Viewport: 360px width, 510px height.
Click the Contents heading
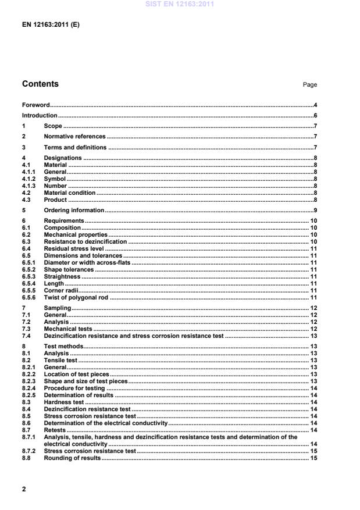pyautogui.click(x=40, y=84)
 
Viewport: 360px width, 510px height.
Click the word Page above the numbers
pyautogui.click(x=310, y=85)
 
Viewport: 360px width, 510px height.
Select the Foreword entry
pyautogui.click(x=36, y=105)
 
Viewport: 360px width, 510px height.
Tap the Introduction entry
pyautogui.click(x=40, y=116)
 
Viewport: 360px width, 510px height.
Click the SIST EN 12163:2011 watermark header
pyautogui.click(x=180, y=4)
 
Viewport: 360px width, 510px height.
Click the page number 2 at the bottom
pyautogui.click(x=24, y=489)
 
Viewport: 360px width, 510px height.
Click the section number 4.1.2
pyautogui.click(x=30, y=179)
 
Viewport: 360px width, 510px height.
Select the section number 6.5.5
pyautogui.click(x=30, y=290)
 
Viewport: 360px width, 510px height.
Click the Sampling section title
pyautogui.click(x=58, y=307)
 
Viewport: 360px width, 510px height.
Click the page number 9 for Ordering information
pyautogui.click(x=315, y=210)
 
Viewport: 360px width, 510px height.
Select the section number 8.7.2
pyautogui.click(x=30, y=451)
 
